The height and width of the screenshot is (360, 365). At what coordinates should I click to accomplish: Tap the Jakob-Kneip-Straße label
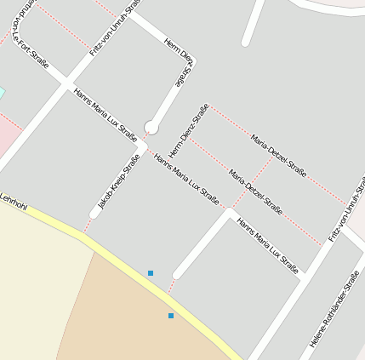[118, 180]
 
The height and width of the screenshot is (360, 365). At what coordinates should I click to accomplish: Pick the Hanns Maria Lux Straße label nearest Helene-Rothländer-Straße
[268, 248]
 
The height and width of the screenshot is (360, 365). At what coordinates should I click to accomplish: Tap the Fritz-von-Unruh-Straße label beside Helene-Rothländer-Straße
[347, 209]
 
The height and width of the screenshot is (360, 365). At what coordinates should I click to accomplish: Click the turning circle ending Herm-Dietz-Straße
[151, 127]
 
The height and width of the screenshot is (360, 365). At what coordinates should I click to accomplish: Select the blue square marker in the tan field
[171, 316]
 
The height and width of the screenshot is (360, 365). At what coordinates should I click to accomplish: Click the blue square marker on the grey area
[151, 273]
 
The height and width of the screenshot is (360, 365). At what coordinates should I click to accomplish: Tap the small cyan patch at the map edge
[2, 92]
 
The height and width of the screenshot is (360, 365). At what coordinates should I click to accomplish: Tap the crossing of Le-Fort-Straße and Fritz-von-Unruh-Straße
[66, 83]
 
